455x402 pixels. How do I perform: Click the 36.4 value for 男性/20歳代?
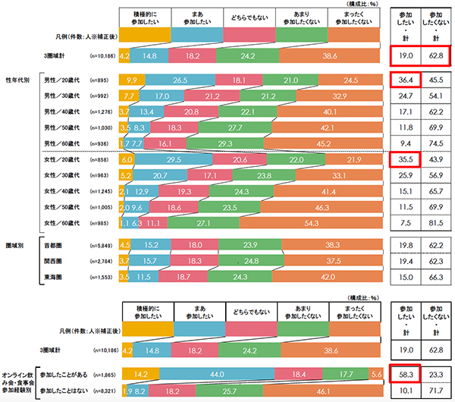pos(402,78)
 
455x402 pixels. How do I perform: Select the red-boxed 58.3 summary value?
pos(402,372)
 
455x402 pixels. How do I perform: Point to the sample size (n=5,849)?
pos(102,244)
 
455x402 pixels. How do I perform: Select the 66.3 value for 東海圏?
pos(433,278)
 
